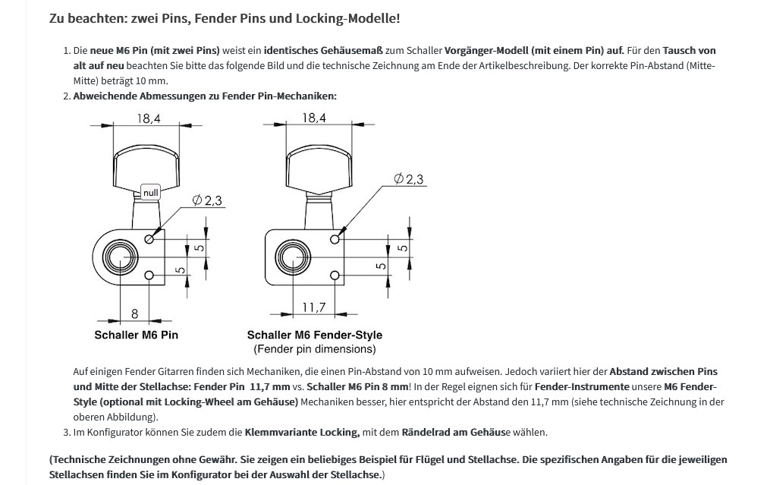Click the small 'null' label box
point(151,193)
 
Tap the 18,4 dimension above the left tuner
point(149,118)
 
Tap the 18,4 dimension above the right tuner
point(314,118)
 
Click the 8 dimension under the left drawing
point(134,313)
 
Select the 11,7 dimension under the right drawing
point(313,307)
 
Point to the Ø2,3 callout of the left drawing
point(206,200)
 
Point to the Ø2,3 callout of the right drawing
point(409,179)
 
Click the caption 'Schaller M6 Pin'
point(137,335)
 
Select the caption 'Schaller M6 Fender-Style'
point(314,335)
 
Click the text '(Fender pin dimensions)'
point(314,349)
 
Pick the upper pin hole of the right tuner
point(335,239)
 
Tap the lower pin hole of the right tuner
point(335,274)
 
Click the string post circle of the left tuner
point(120,257)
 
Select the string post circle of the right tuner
point(291,257)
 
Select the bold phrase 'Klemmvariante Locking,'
point(302,433)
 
